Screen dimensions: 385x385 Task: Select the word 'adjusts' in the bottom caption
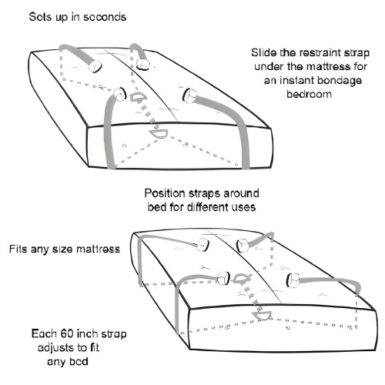(x=59, y=349)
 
